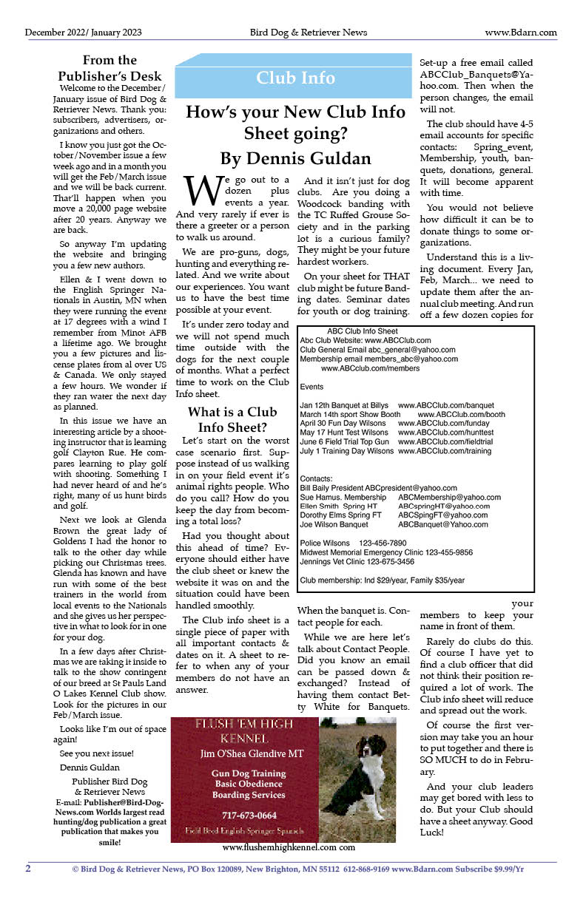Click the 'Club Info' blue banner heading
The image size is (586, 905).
pos(295,78)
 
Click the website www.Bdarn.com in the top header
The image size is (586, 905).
pos(520,33)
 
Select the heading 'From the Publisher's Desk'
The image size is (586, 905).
pos(110,68)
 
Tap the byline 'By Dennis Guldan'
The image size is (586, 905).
pos(295,158)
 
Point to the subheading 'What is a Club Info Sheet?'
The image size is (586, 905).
pos(232,419)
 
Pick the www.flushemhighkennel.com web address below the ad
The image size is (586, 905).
pos(289,847)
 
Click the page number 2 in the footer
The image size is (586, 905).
pos(28,868)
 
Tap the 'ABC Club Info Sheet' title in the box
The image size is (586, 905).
pos(363,331)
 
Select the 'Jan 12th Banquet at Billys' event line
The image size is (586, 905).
pos(344,405)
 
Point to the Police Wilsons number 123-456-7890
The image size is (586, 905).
pos(383,543)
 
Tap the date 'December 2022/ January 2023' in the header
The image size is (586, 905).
pos(83,33)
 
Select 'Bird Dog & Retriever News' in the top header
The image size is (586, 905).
pos(308,33)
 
